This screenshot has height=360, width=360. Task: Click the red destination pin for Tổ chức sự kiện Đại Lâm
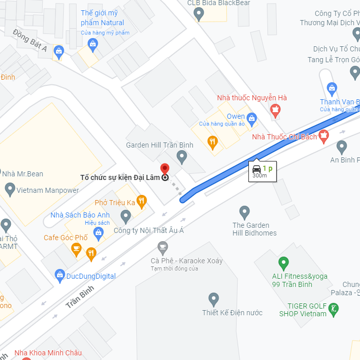coord(165,169)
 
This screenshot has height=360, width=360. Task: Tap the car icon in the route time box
coord(256,168)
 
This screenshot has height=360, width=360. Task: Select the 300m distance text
coord(260,176)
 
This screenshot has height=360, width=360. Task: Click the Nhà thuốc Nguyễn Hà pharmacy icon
coord(276,109)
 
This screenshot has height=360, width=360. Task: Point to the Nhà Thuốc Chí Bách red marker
coord(323,136)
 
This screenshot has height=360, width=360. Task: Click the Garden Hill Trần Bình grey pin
coord(182,156)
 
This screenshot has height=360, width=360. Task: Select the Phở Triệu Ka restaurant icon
coord(141,201)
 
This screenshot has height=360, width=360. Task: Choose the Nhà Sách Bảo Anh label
coord(80,214)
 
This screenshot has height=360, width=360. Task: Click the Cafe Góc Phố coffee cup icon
coord(76,249)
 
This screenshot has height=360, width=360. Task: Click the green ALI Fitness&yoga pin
coord(283,264)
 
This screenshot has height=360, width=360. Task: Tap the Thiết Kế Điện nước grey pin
coord(213,299)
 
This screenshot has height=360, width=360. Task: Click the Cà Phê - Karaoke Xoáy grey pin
coord(163,248)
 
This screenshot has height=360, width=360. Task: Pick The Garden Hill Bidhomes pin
coord(245,211)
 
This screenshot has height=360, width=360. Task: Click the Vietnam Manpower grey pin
coord(10,190)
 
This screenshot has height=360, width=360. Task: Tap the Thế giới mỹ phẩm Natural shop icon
coord(93,44)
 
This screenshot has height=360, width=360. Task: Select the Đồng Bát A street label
coord(30,41)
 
